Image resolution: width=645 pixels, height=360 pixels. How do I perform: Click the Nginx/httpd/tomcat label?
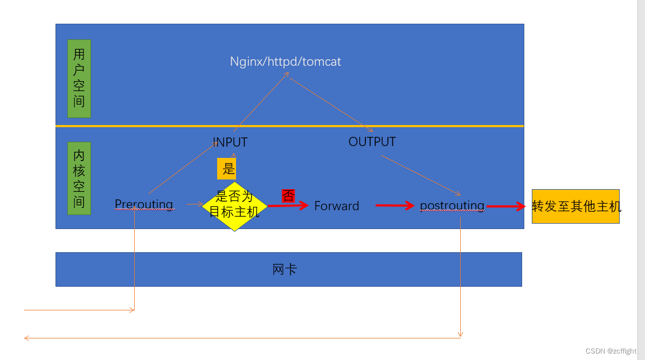pyautogui.click(x=286, y=61)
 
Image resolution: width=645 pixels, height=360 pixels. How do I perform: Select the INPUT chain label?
pyautogui.click(x=230, y=142)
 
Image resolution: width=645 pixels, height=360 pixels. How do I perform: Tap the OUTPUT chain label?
pyautogui.click(x=372, y=142)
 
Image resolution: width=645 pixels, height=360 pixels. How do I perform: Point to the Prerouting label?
pyautogui.click(x=144, y=204)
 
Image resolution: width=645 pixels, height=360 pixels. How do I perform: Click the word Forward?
pyautogui.click(x=337, y=206)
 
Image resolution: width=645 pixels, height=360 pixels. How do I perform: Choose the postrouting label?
pyautogui.click(x=452, y=205)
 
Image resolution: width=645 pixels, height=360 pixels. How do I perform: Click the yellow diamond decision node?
pyautogui.click(x=234, y=206)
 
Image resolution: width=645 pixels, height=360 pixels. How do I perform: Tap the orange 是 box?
pyautogui.click(x=227, y=169)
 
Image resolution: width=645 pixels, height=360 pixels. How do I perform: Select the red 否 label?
pyautogui.click(x=288, y=196)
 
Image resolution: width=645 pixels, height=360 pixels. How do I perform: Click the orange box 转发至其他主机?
pyautogui.click(x=575, y=206)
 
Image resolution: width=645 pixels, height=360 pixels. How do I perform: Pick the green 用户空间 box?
pyautogui.click(x=79, y=79)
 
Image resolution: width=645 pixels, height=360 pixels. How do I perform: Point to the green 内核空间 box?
pyautogui.click(x=79, y=178)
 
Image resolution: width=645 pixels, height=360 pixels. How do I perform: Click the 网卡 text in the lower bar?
pyautogui.click(x=285, y=269)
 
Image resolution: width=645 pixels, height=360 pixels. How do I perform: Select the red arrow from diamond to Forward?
pyautogui.click(x=288, y=205)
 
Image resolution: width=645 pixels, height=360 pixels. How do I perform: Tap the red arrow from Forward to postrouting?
pyautogui.click(x=394, y=205)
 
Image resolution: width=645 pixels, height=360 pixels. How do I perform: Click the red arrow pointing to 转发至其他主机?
pyautogui.click(x=506, y=206)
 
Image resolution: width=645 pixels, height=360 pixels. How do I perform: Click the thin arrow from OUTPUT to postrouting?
pyautogui.click(x=420, y=175)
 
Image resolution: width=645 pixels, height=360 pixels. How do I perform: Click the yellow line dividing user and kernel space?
pyautogui.click(x=289, y=126)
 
